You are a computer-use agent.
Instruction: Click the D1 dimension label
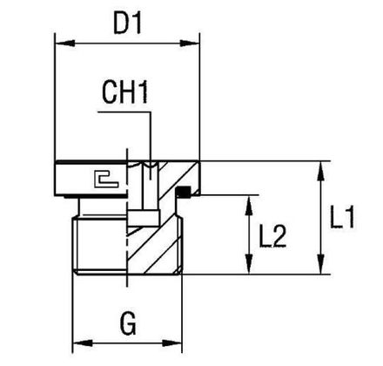click(x=127, y=24)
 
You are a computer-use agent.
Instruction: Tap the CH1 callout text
click(x=125, y=92)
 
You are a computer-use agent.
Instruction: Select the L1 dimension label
click(x=342, y=217)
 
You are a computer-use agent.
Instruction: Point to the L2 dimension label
click(x=272, y=236)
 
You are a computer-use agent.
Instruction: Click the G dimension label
click(x=128, y=323)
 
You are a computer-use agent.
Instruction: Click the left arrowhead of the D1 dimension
click(x=65, y=44)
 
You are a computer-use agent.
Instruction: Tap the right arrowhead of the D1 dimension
click(x=190, y=44)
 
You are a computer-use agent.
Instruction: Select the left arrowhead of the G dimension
click(x=83, y=342)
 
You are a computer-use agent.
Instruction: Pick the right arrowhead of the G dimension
click(x=172, y=342)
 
